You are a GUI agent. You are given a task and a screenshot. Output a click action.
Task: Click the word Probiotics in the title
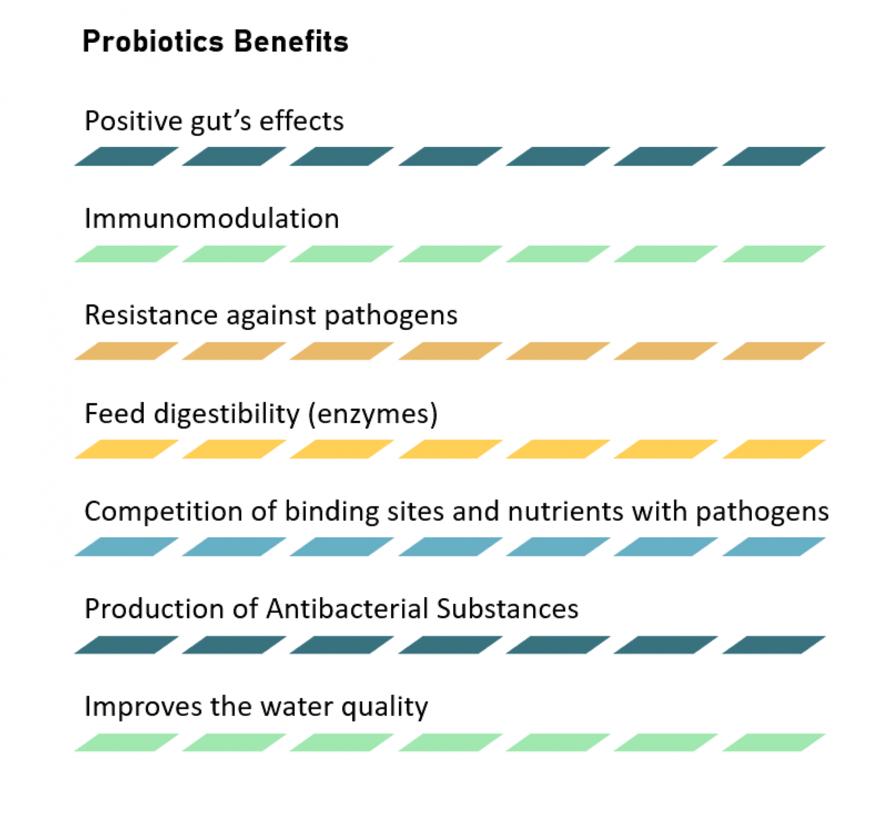153,42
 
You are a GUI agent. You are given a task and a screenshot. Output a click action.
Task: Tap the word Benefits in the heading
291,42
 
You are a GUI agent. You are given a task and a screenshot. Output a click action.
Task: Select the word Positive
133,121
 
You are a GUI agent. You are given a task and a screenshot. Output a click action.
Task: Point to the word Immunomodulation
212,219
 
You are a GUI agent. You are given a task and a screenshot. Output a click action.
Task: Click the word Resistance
151,315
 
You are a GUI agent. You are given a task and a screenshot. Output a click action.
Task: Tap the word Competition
163,511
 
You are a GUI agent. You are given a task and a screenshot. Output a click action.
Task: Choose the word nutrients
566,511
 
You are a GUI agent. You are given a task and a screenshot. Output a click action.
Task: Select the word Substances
508,609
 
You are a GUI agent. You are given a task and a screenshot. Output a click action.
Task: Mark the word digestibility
227,414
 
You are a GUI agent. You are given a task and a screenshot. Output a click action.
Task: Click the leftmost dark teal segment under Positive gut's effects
126,156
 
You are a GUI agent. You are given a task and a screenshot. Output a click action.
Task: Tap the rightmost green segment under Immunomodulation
773,254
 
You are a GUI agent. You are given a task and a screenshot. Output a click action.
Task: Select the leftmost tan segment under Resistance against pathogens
126,351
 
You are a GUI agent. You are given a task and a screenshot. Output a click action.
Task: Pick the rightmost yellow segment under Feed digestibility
773,449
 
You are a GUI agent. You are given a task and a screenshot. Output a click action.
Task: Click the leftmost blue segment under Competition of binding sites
126,547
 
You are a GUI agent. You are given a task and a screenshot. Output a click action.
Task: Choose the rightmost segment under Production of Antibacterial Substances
773,645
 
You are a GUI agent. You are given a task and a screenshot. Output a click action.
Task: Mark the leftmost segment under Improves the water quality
126,743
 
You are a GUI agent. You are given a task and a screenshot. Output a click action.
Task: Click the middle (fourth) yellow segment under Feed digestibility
450,449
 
